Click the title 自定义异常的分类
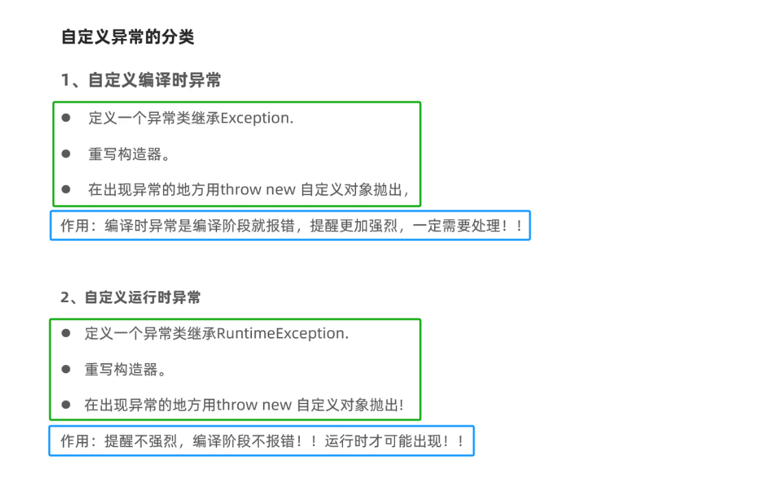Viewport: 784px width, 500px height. click(x=127, y=37)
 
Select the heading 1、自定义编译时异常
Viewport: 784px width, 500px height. click(x=141, y=81)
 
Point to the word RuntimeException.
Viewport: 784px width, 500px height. click(x=283, y=334)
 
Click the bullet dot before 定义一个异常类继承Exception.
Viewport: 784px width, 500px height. click(x=66, y=118)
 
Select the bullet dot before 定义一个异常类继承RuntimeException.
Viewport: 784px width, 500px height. click(x=66, y=334)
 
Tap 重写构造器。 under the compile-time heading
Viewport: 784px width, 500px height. click(x=129, y=154)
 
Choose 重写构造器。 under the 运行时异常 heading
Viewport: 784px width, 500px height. click(x=125, y=370)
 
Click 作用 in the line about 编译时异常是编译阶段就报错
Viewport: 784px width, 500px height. click(x=75, y=225)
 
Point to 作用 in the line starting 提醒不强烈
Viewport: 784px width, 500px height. click(x=75, y=441)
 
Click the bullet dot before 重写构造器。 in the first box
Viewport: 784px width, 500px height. click(x=66, y=154)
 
